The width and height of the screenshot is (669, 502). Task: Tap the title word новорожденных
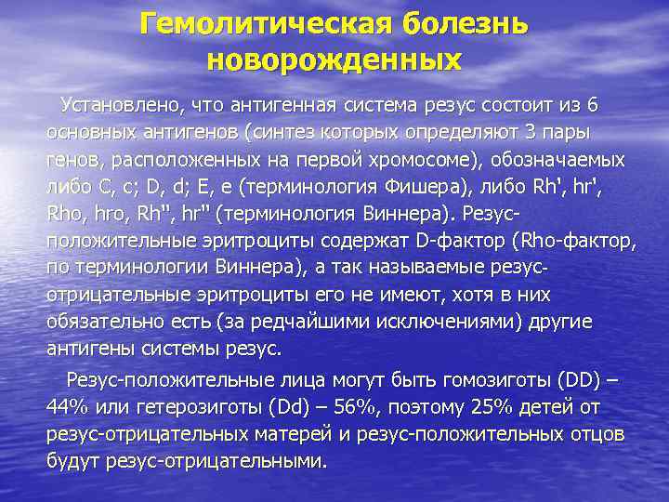point(334,60)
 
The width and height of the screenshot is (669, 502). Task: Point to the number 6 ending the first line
point(594,101)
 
